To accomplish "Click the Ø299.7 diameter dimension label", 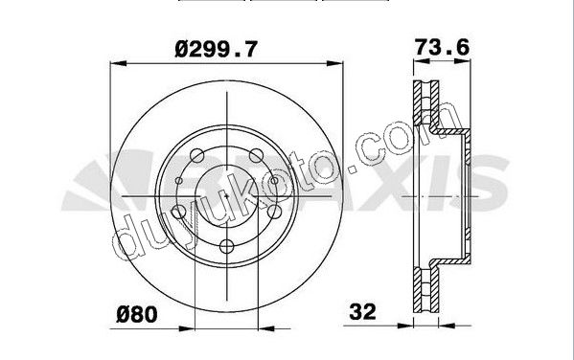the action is point(216,50).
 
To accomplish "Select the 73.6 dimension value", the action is point(442,47).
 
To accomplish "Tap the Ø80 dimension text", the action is point(137,315).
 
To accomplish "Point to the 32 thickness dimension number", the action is point(362,312).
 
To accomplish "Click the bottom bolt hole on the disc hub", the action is point(226,246).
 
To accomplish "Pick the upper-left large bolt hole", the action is point(197,155).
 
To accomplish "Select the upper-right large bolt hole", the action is point(256,155).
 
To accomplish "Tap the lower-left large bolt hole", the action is point(178,212).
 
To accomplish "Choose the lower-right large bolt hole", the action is point(275,212).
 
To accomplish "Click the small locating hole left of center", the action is point(179,180).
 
